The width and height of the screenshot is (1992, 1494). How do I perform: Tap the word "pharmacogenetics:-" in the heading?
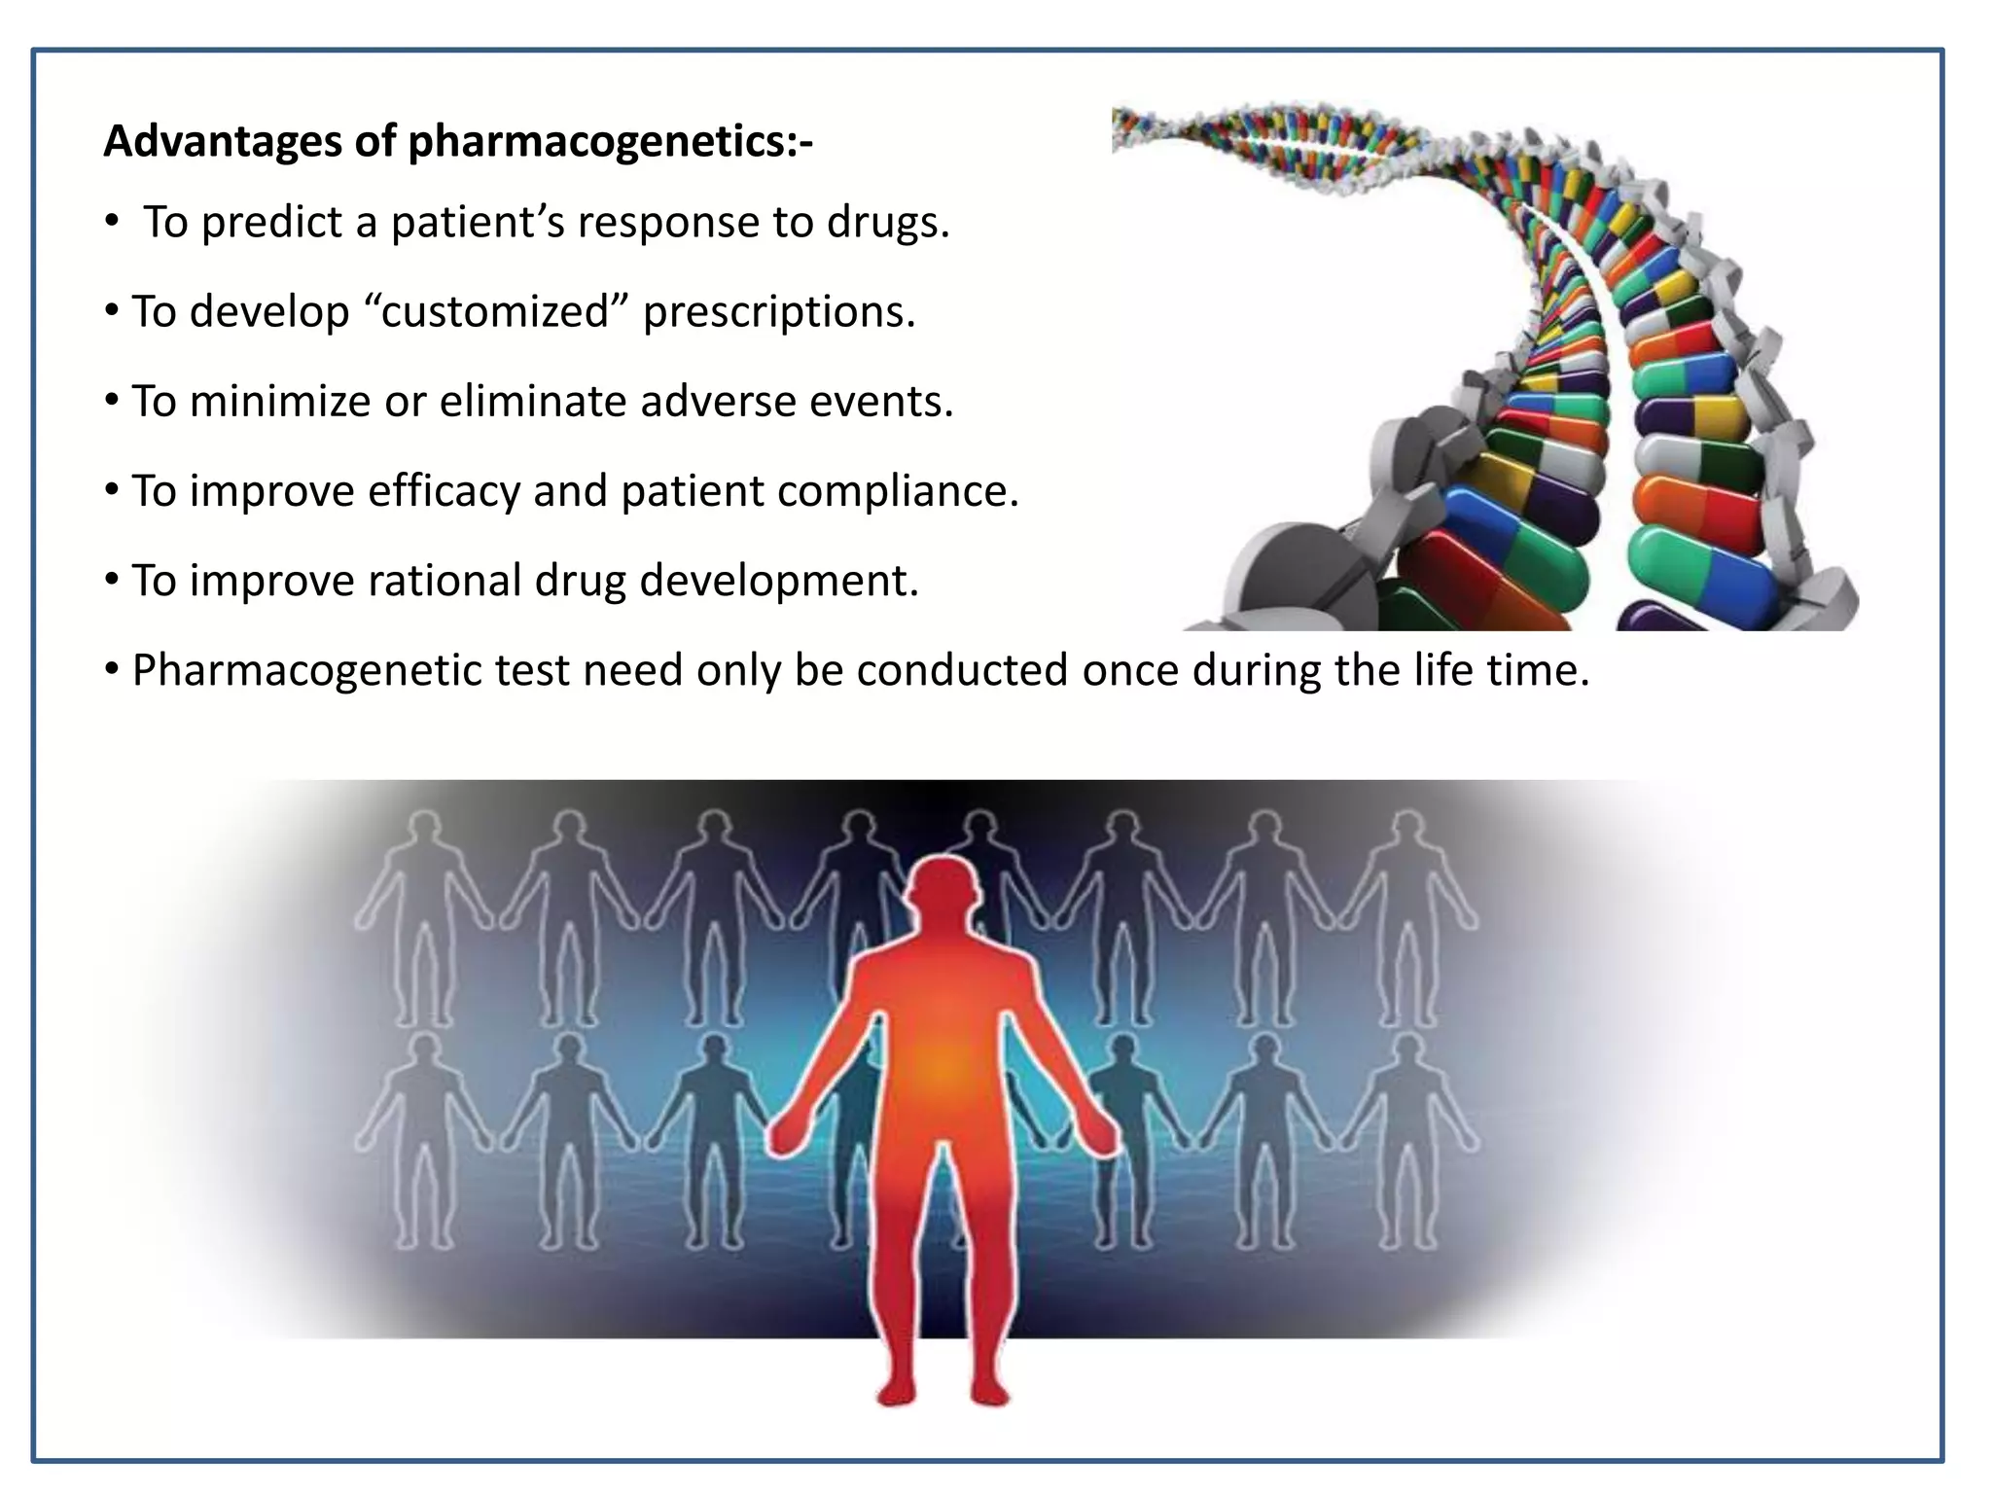coord(610,142)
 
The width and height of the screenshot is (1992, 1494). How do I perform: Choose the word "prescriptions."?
coord(779,312)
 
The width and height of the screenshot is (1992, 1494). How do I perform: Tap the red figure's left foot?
coord(991,1393)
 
